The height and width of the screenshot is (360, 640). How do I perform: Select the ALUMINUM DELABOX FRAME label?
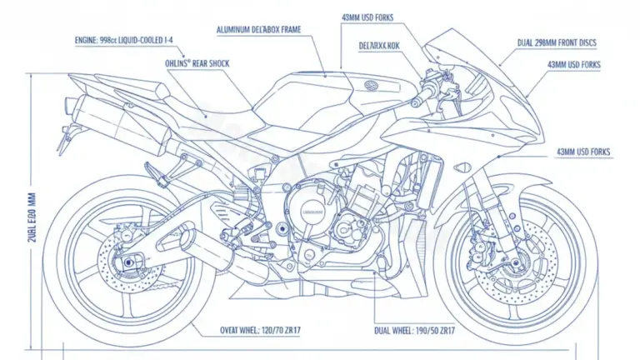(x=258, y=30)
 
